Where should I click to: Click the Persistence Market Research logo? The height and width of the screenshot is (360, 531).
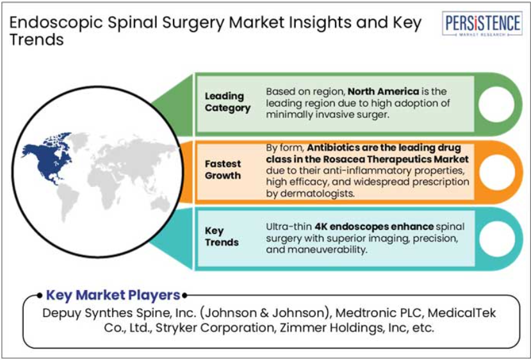[482, 26]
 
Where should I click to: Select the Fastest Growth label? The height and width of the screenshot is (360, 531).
[224, 168]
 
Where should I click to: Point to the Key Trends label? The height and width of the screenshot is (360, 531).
[222, 236]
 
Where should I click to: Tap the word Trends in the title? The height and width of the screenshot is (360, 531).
[37, 40]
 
